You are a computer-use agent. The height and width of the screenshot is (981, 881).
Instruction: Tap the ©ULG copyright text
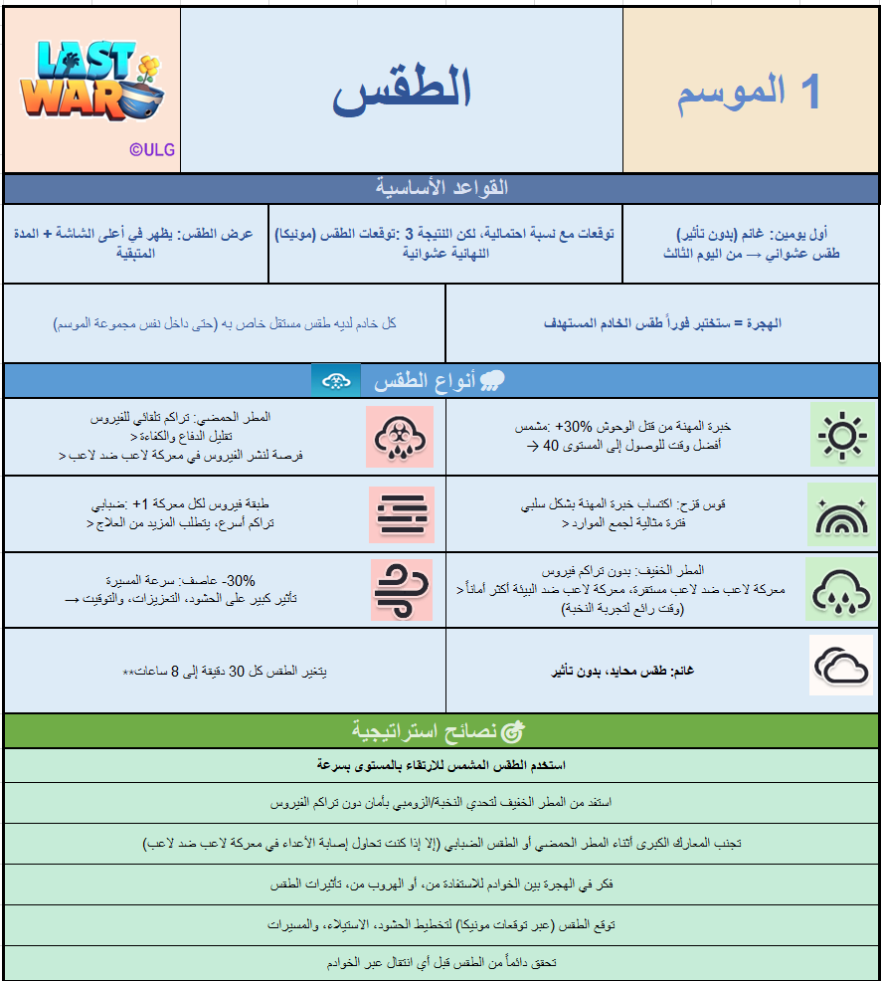click(151, 150)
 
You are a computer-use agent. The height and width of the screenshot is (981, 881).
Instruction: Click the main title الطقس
click(402, 91)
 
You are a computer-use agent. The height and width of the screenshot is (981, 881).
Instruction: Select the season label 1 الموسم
click(750, 92)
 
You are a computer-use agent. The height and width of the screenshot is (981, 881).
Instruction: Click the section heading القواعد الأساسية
click(441, 188)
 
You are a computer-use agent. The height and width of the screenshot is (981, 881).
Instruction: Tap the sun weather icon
click(841, 435)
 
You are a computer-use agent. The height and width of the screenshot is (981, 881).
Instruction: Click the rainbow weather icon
click(841, 512)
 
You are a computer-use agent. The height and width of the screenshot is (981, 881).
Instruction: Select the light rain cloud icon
click(841, 588)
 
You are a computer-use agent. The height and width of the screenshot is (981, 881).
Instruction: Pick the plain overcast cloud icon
click(841, 664)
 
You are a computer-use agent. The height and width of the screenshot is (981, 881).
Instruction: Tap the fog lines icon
click(401, 514)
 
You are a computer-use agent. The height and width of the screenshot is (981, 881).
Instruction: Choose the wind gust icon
click(401, 590)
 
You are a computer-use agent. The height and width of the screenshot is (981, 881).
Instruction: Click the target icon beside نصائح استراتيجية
click(513, 731)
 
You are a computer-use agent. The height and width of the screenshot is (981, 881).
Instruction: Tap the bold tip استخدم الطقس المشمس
click(440, 765)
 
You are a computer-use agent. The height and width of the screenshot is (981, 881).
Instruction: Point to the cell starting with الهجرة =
click(662, 323)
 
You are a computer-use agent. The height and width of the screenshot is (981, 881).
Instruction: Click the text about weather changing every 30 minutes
click(225, 671)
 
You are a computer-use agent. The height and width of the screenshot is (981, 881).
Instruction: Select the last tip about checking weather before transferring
click(440, 963)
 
